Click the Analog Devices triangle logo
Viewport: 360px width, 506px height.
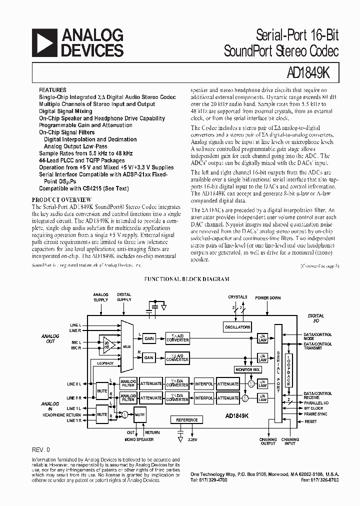tap(44, 43)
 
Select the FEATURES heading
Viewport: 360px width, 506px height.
tap(52, 90)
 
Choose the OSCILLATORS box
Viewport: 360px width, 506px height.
tap(237, 327)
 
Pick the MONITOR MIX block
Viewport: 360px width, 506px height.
tap(247, 369)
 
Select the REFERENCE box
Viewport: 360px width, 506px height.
tap(187, 420)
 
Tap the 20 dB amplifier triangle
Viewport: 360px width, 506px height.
tap(106, 344)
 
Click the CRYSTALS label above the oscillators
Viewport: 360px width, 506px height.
tap(237, 297)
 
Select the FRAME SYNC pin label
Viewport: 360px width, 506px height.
tap(316, 414)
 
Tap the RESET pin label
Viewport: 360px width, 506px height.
tap(310, 421)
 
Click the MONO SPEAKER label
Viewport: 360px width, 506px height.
tap(138, 439)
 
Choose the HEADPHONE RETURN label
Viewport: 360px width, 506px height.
tap(61, 414)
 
